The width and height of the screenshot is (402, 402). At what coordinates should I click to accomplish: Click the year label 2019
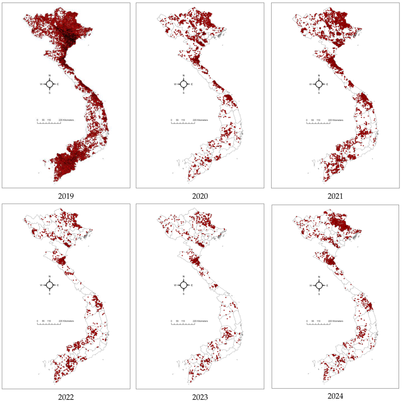click(x=66, y=196)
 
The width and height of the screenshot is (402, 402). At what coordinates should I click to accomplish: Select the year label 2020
click(x=200, y=196)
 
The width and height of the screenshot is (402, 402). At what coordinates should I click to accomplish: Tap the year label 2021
click(x=335, y=196)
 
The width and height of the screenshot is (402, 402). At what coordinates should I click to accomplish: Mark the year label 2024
click(x=335, y=396)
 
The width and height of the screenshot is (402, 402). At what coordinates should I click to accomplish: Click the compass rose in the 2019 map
click(x=49, y=84)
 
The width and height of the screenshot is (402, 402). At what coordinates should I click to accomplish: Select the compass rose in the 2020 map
click(x=183, y=84)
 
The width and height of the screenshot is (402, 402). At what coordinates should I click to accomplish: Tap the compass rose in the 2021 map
click(x=318, y=84)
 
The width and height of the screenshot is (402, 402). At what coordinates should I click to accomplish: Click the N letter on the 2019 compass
click(x=49, y=76)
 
